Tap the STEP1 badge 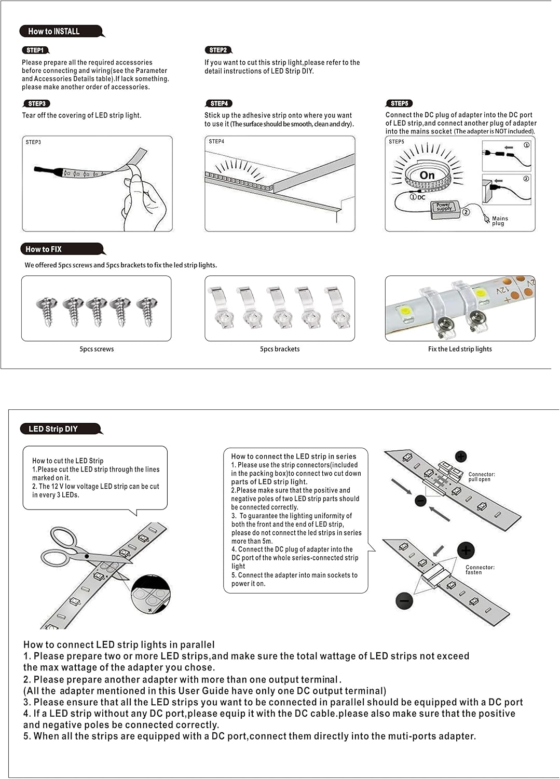35,50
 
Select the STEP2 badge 218,50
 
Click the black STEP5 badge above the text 399,103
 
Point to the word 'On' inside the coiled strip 427,176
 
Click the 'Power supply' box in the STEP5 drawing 444,209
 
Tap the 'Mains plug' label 500,221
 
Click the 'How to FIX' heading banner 63,249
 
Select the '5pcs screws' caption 97,349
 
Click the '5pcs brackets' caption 280,349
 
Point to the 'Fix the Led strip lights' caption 460,349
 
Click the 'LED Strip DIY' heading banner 61,429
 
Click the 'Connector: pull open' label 482,477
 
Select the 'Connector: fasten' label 480,570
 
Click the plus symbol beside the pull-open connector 461,456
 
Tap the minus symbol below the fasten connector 404,600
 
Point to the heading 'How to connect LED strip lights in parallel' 119,645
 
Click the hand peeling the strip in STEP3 144,202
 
